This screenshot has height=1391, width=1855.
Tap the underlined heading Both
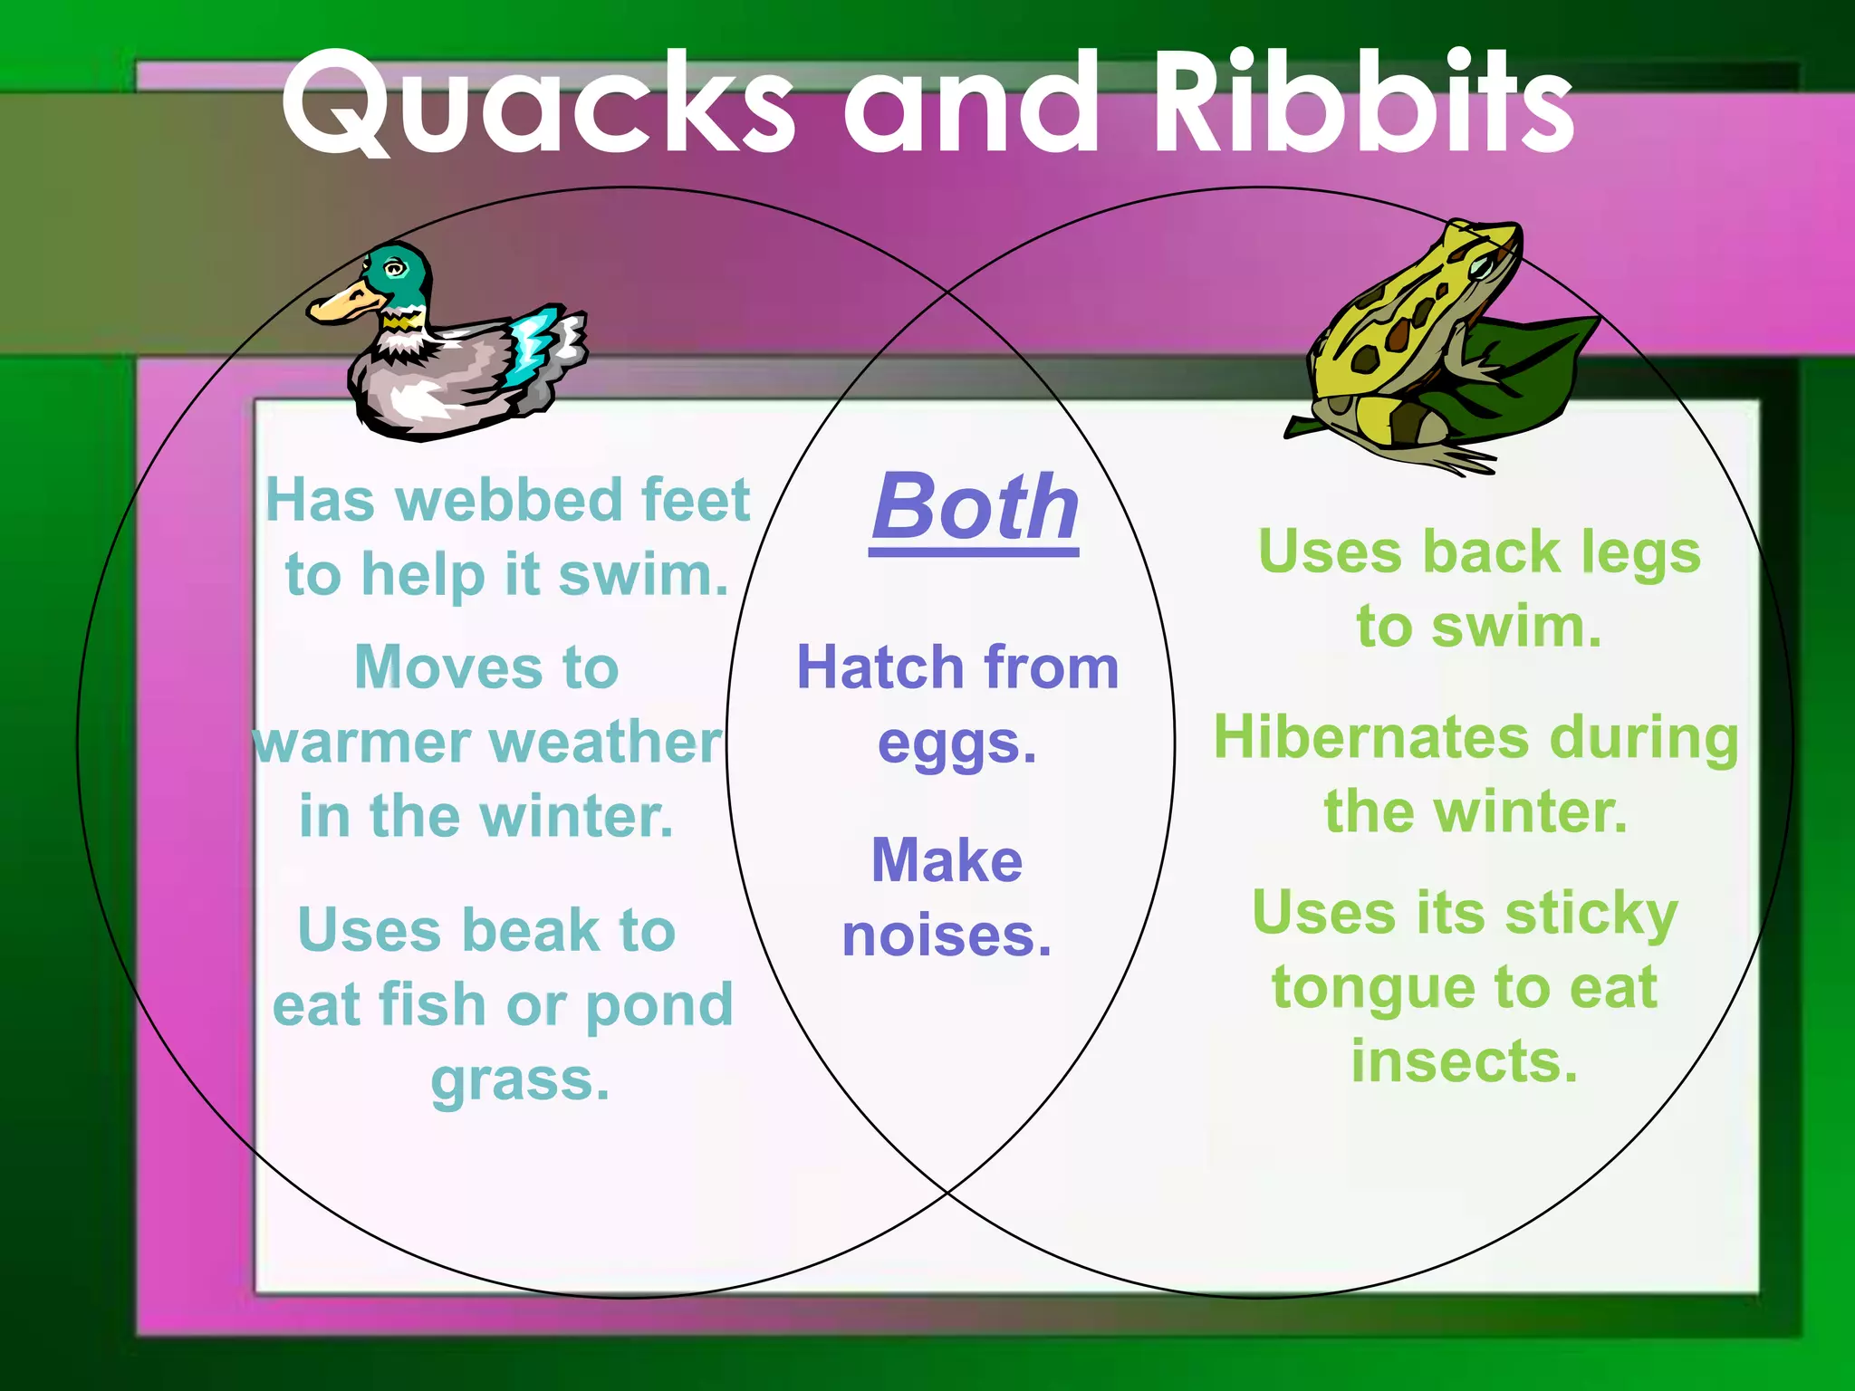pos(975,508)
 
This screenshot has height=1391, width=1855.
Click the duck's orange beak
pos(340,303)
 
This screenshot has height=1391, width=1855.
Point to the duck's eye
pos(395,268)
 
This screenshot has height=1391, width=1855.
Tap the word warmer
pos(362,743)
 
